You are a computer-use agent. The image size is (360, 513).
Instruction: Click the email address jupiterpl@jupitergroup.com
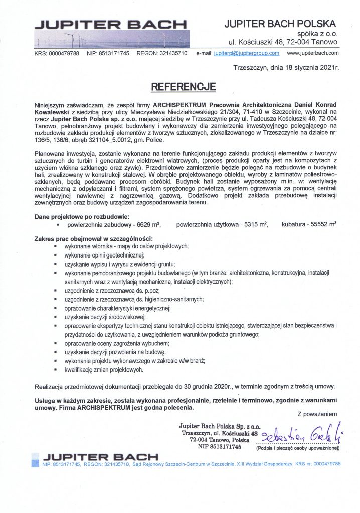click(246, 53)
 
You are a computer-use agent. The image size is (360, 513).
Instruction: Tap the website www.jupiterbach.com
click(313, 53)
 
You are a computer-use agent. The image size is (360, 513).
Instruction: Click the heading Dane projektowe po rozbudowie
click(82, 217)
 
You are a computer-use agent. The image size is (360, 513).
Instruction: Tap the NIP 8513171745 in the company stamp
click(220, 446)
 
